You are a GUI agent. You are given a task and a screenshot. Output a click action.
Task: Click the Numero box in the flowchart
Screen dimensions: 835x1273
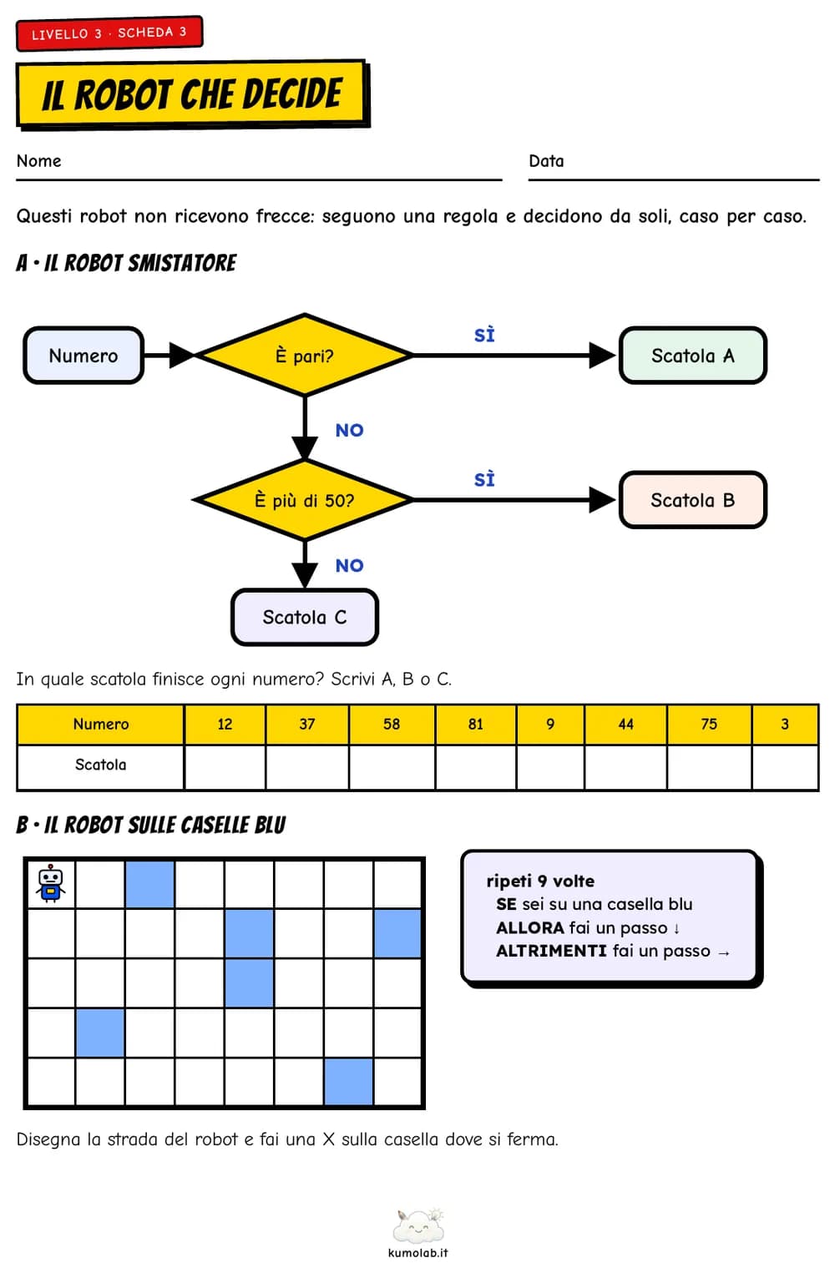83,356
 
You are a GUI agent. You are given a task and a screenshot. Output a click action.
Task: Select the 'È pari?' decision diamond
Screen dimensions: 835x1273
305,356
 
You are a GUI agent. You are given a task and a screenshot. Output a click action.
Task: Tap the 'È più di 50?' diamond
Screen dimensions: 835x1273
305,500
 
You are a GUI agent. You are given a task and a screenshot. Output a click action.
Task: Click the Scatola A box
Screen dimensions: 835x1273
693,356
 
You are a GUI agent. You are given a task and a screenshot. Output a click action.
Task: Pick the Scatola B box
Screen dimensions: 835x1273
693,500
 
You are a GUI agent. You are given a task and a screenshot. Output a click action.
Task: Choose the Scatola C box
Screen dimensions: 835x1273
305,617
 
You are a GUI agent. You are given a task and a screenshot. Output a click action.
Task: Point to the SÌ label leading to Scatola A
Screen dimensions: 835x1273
484,335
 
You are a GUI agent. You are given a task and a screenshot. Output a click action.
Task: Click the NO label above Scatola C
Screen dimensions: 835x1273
349,565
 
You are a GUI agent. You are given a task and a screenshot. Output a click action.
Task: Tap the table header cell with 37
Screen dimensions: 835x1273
307,724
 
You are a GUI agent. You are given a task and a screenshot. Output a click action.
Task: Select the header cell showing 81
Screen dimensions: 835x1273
476,724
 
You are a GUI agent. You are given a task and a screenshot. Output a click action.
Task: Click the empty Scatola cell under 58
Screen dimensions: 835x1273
392,766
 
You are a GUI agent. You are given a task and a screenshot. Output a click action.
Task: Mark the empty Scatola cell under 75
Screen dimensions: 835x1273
710,766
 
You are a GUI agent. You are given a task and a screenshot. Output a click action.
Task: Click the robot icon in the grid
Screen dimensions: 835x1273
51,884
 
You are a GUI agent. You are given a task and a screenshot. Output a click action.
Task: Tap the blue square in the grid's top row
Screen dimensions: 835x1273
149,884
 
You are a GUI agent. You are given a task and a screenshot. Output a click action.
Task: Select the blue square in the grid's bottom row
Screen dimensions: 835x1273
348,1082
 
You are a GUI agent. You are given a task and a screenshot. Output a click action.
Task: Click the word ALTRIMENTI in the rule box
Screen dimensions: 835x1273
551,952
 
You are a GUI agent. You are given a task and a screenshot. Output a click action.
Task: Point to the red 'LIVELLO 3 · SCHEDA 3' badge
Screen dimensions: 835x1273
109,33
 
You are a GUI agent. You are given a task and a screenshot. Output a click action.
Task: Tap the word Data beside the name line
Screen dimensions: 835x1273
546,161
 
